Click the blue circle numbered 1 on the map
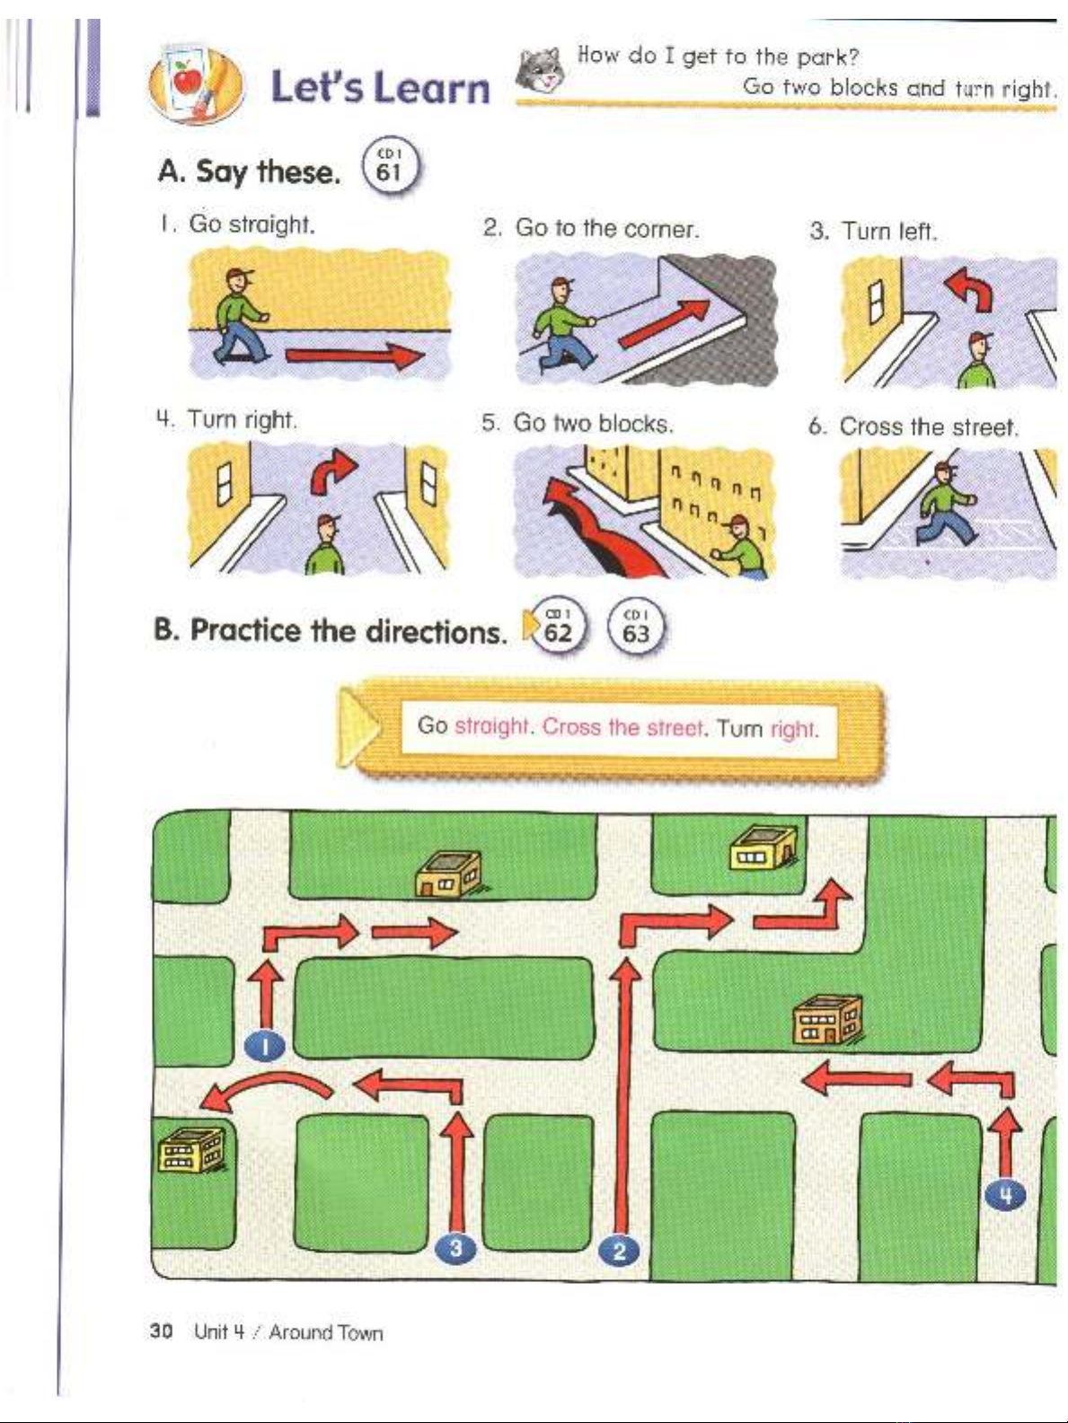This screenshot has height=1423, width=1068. pos(265,1044)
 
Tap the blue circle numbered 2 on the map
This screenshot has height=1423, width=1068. pos(619,1250)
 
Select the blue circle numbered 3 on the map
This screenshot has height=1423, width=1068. pos(456,1248)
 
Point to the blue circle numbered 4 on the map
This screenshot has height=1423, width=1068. pos(1005,1194)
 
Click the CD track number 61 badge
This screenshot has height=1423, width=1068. pos(390,168)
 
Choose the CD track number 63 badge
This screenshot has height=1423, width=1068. pos(635,628)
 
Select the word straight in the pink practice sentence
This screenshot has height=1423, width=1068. pos(490,726)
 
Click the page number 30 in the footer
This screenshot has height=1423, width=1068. pos(162,1331)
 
